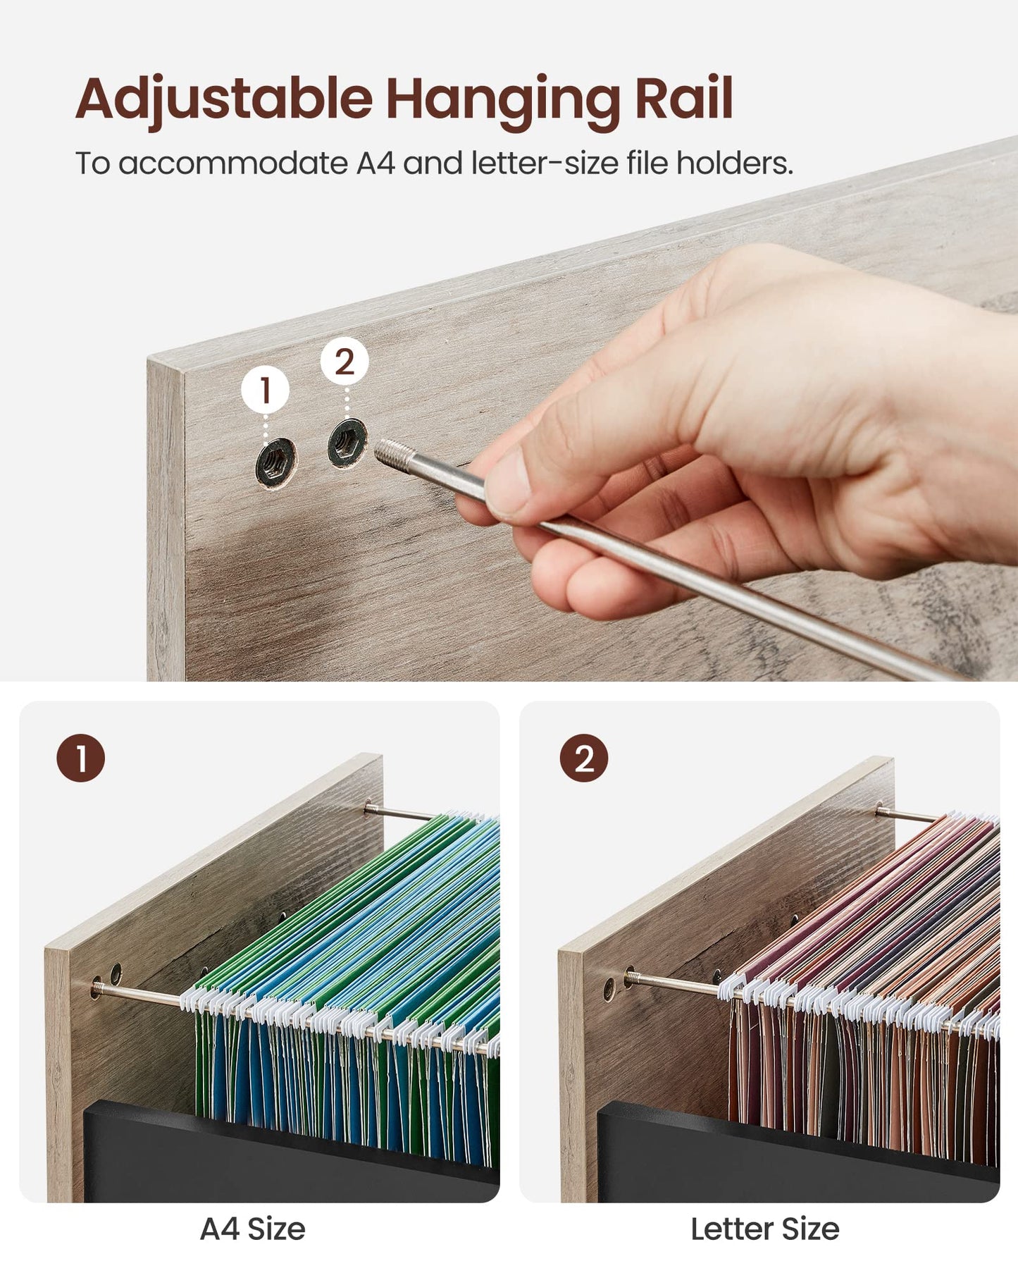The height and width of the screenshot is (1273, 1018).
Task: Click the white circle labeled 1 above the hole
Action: (x=265, y=389)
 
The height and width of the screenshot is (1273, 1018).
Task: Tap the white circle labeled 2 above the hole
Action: (x=344, y=362)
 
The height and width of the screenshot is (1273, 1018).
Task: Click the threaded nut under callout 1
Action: (x=275, y=462)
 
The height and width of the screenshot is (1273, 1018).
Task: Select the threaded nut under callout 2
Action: (x=347, y=442)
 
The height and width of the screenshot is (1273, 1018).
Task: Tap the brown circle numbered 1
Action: (x=80, y=758)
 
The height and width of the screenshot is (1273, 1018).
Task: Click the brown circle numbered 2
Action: (x=583, y=758)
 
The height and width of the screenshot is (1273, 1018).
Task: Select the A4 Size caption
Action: (x=253, y=1229)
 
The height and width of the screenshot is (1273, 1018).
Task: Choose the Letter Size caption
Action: (x=765, y=1229)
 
